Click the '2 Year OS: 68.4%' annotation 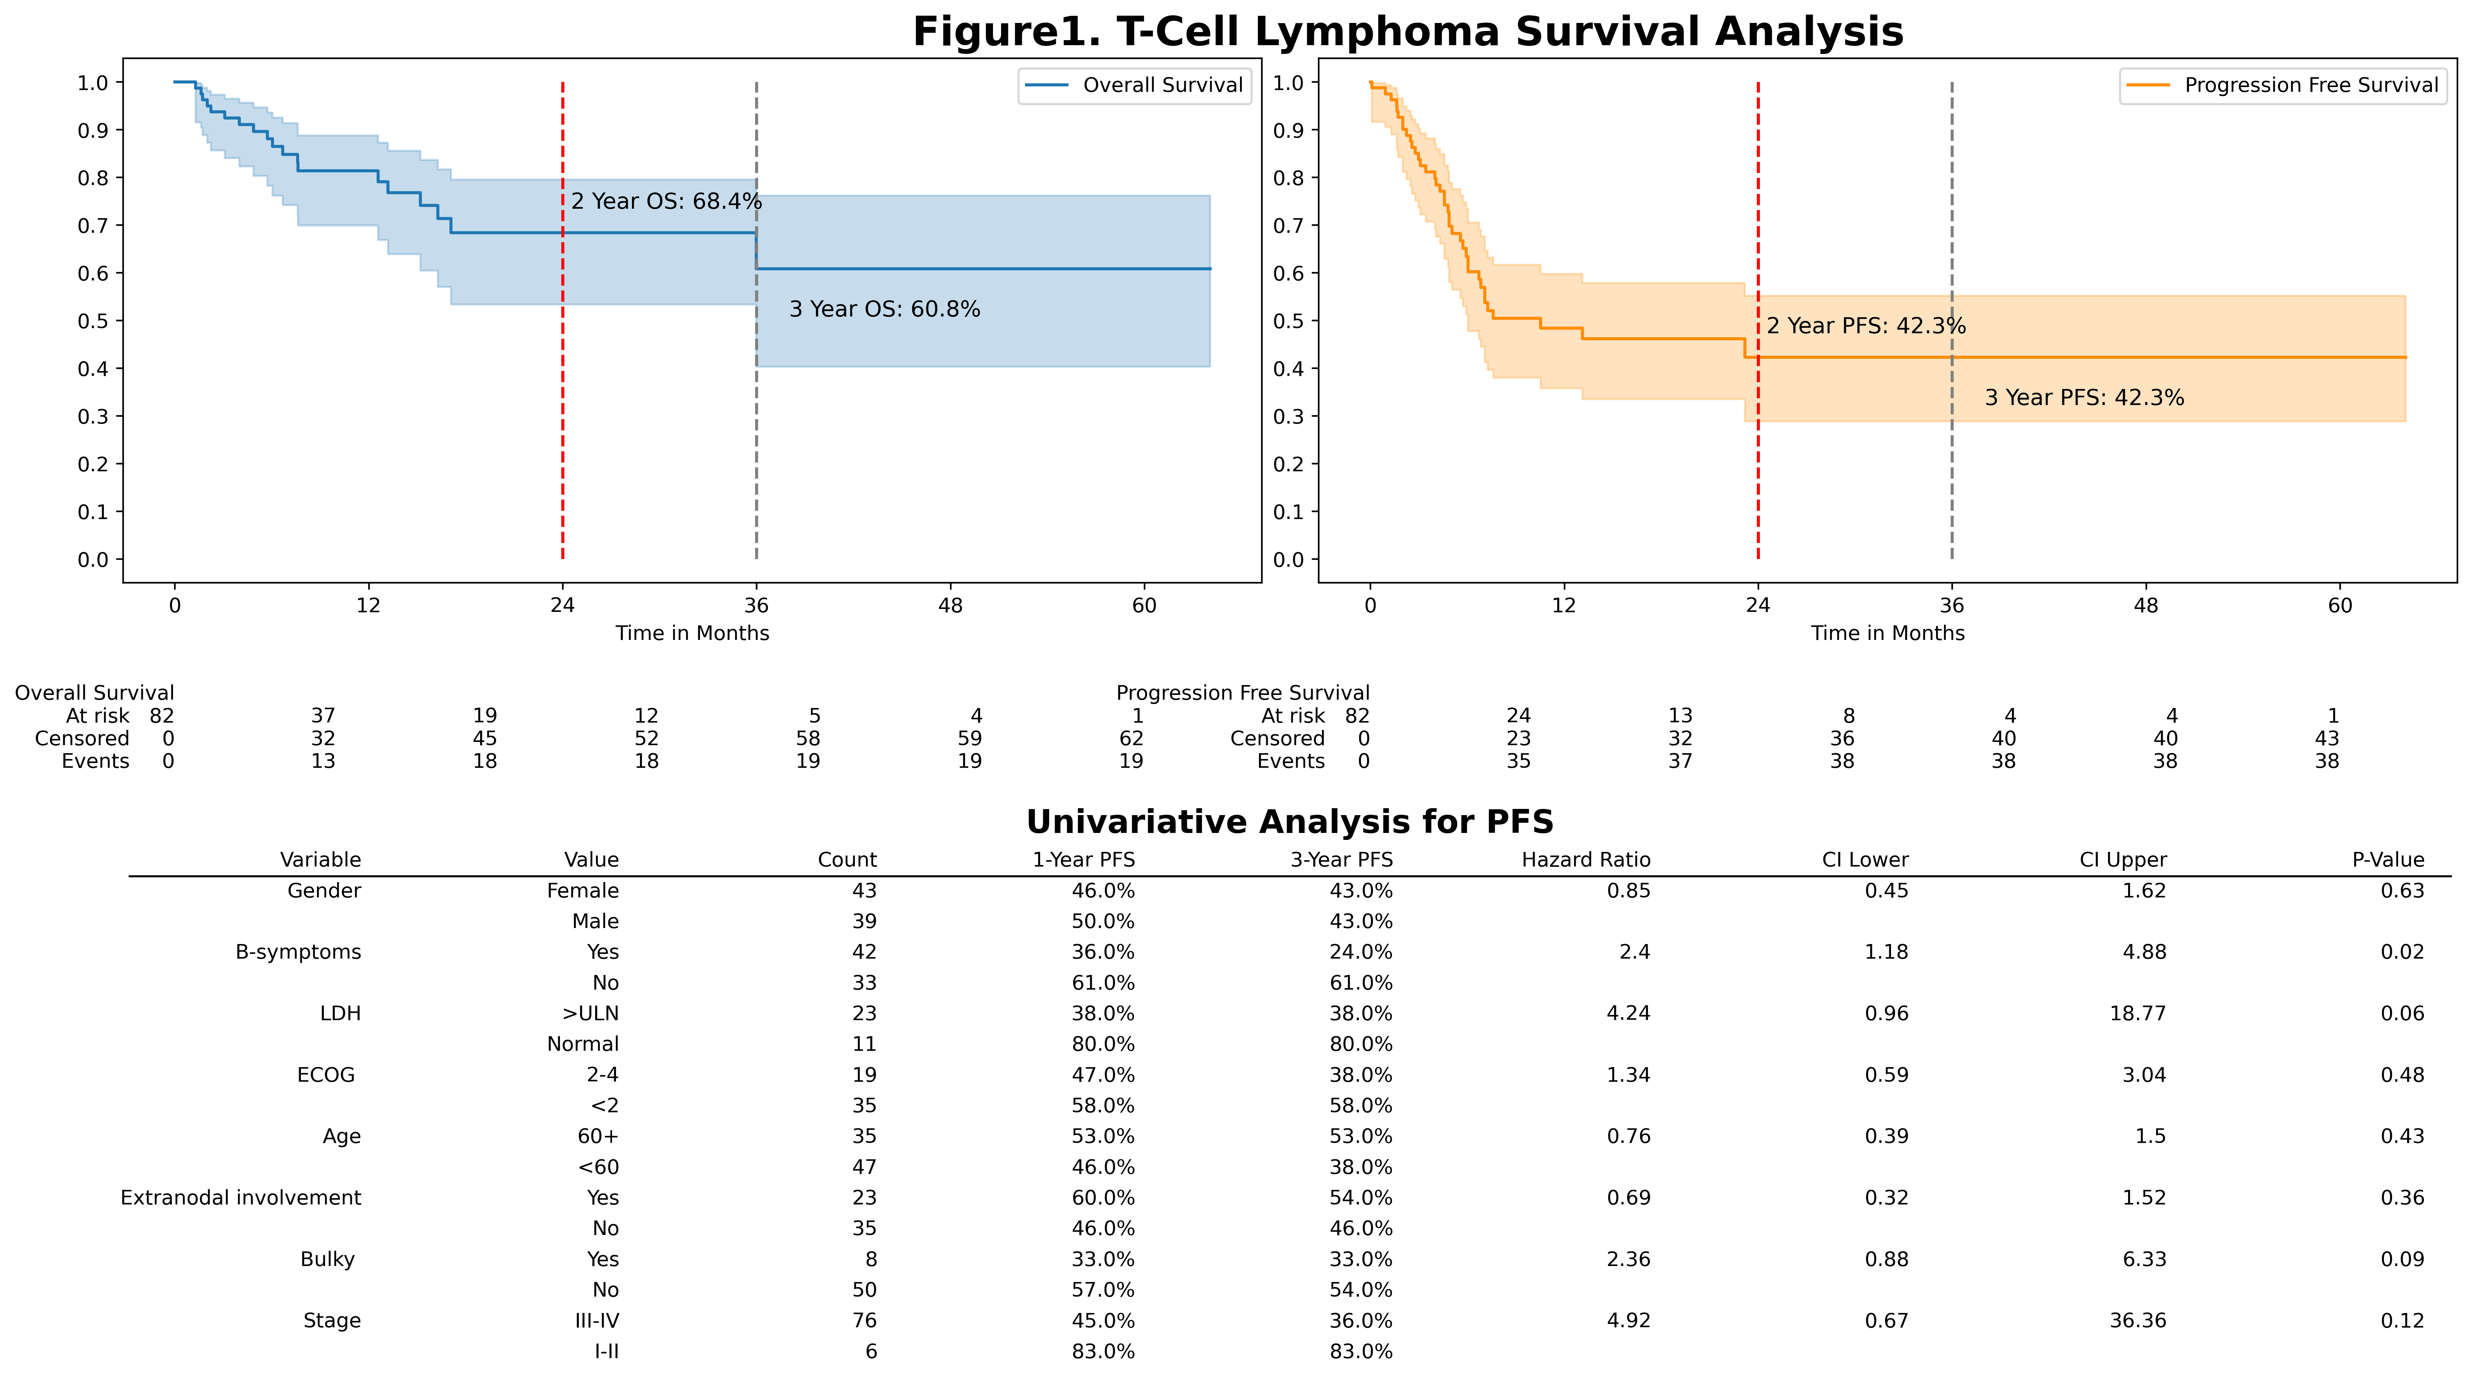pyautogui.click(x=666, y=201)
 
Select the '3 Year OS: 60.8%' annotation pyautogui.click(x=884, y=309)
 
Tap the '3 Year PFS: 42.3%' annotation pyautogui.click(x=2083, y=397)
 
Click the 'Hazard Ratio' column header pyautogui.click(x=1585, y=860)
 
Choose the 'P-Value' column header pyautogui.click(x=2387, y=860)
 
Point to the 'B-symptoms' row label pyautogui.click(x=298, y=952)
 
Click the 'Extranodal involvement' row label pyautogui.click(x=241, y=1198)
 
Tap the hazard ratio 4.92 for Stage pyautogui.click(x=1628, y=1321)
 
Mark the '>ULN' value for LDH pyautogui.click(x=590, y=1014)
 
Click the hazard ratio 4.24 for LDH pyautogui.click(x=1628, y=1014)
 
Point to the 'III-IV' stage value pyautogui.click(x=597, y=1321)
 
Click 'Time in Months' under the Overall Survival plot pyautogui.click(x=692, y=633)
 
